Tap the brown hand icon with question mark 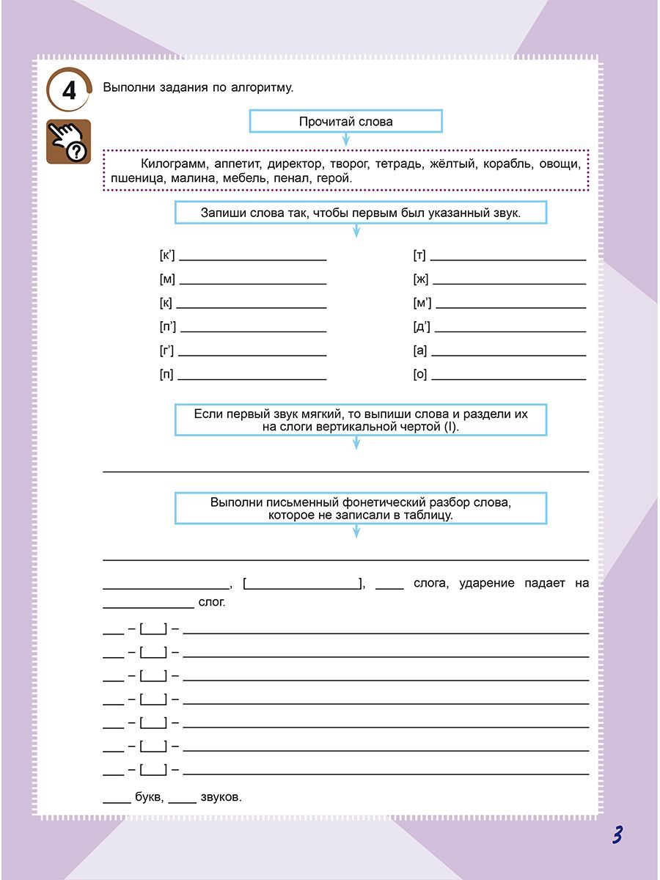click(x=68, y=142)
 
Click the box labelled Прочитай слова click(x=345, y=122)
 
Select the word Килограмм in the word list click(x=167, y=164)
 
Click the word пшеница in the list click(x=131, y=178)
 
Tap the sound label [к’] click(x=166, y=256)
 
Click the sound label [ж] click(x=420, y=279)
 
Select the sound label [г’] click(x=166, y=351)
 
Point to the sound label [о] click(x=420, y=375)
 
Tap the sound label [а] click(x=420, y=351)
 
